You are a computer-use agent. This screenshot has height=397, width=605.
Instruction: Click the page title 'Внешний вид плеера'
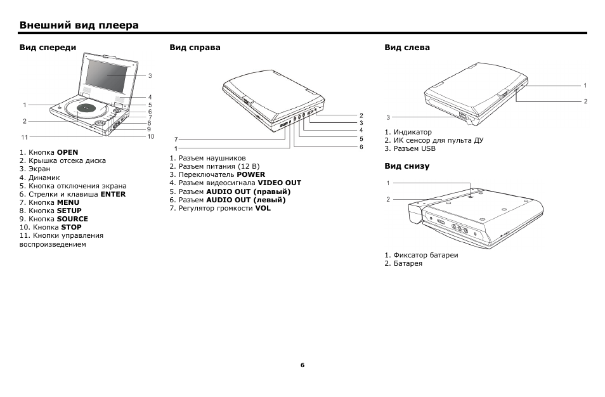tap(79, 25)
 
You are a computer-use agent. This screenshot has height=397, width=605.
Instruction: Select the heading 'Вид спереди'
tap(48, 48)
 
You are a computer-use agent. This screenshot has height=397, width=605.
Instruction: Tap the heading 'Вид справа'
tap(195, 48)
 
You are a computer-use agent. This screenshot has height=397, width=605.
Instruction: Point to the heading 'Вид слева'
tap(407, 48)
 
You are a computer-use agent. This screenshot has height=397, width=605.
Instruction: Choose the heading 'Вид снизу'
tap(407, 166)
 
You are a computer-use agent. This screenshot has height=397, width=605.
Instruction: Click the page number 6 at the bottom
tap(302, 365)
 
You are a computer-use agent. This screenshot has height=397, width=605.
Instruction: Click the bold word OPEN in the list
tap(67, 153)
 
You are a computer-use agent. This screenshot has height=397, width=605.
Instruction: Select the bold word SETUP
tap(69, 211)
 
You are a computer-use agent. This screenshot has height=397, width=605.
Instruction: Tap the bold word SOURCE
tap(72, 219)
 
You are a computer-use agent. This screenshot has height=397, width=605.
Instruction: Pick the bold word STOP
tap(72, 227)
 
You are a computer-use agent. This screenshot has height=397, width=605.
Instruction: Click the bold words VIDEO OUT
tap(279, 183)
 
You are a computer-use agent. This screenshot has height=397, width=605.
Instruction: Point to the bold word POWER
tap(250, 174)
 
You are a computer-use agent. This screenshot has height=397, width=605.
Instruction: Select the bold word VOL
tap(263, 208)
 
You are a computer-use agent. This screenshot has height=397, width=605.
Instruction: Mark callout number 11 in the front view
tap(24, 137)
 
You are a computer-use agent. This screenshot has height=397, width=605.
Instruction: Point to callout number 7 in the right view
tap(176, 139)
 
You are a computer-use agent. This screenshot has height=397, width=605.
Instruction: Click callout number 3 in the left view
tap(387, 117)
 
